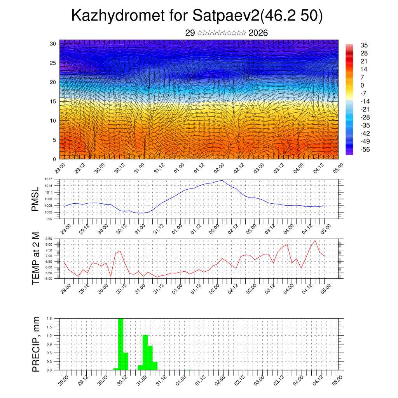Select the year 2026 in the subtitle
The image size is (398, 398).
pyautogui.click(x=258, y=33)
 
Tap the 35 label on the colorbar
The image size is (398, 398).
pyautogui.click(x=364, y=45)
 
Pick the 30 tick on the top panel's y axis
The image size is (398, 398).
pyautogui.click(x=53, y=44)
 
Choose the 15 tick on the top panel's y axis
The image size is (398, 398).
pyautogui.click(x=53, y=101)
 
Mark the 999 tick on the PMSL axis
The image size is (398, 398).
pyautogui.click(x=50, y=219)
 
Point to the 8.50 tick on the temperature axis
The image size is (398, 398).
pyautogui.click(x=49, y=239)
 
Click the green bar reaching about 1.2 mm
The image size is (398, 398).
pyautogui.click(x=145, y=352)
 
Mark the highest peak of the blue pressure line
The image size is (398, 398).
pyautogui.click(x=222, y=180)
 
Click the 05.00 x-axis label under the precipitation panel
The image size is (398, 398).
pyautogui.click(x=337, y=381)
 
